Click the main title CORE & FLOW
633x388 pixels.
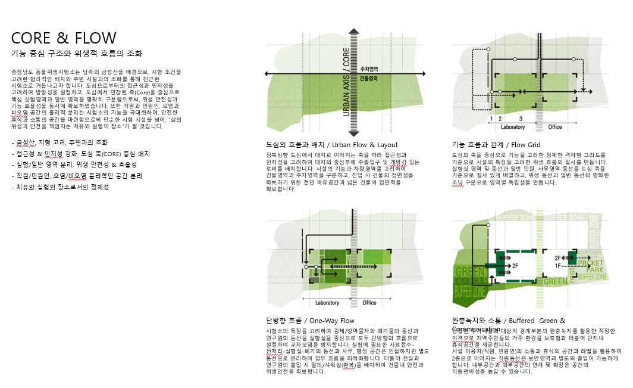(x=64, y=38)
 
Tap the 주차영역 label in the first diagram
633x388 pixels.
(x=369, y=69)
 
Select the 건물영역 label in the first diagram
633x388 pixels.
(x=369, y=78)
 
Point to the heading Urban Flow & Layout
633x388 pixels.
(x=332, y=145)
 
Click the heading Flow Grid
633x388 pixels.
(x=496, y=145)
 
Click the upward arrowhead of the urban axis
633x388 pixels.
(x=353, y=32)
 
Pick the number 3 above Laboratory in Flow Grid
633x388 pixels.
(x=521, y=119)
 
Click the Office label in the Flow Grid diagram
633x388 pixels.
(x=555, y=127)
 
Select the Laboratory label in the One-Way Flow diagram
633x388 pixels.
(x=327, y=303)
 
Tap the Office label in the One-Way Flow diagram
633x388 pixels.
(x=369, y=303)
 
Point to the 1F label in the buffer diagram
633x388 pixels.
(x=558, y=265)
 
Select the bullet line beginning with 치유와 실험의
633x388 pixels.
(x=60, y=187)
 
